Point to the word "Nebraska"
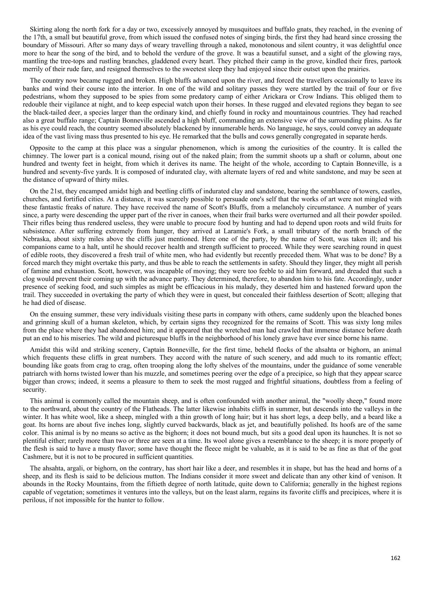(36, 239)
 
